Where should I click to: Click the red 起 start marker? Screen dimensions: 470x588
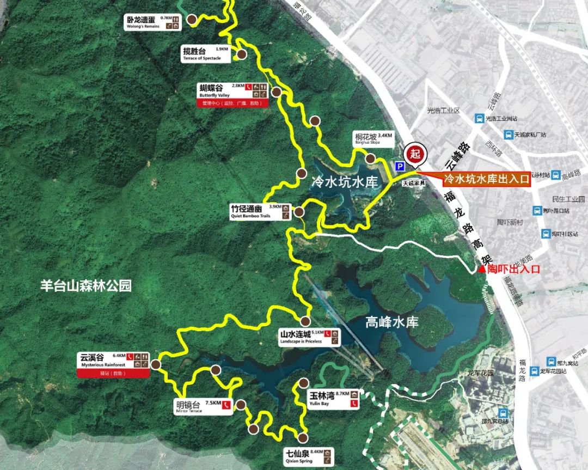coord(415,153)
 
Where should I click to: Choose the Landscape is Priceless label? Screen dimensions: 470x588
coord(309,338)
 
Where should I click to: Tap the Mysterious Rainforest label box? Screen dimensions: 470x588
coord(113,360)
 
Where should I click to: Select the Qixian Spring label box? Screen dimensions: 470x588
coord(309,456)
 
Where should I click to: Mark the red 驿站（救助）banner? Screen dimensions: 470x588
coord(113,374)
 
